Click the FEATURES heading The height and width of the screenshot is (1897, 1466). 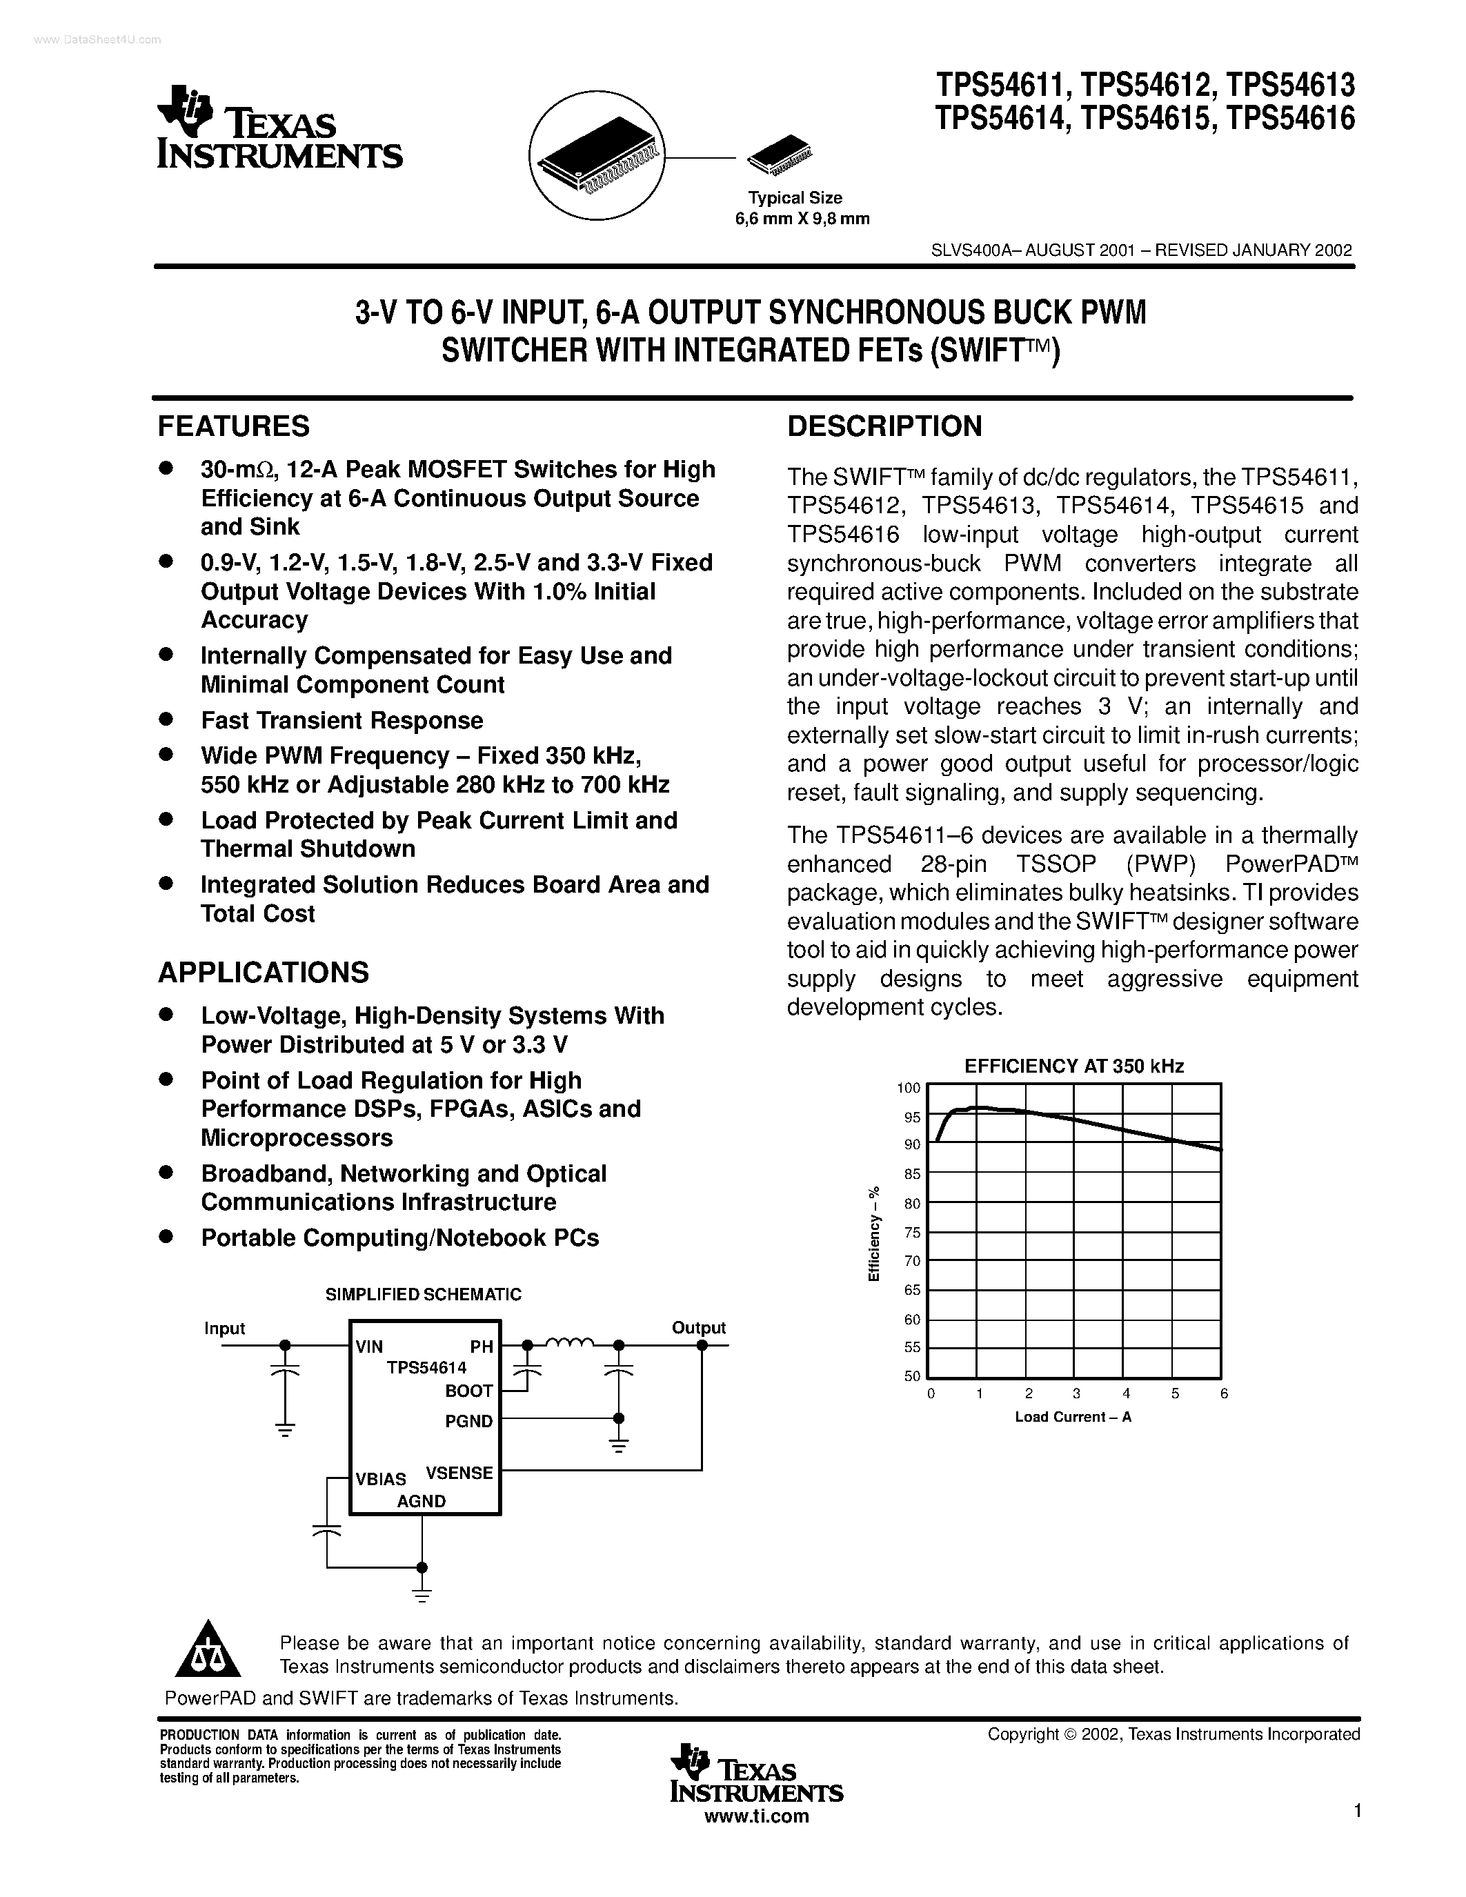[234, 426]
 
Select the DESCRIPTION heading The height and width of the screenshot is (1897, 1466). [884, 426]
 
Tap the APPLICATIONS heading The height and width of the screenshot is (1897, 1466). [263, 972]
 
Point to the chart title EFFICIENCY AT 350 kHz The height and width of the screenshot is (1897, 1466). [1074, 1066]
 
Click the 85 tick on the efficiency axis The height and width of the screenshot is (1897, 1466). [911, 1173]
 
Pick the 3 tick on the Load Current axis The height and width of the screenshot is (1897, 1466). [1077, 1393]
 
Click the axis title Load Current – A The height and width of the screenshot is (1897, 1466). [1073, 1417]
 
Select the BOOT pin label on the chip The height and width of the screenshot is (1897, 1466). [469, 1391]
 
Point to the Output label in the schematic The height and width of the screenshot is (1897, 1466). [698, 1327]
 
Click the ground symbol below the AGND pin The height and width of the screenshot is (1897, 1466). [422, 1596]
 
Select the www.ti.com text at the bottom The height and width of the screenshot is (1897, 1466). [756, 1817]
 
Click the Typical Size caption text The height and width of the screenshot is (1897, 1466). [795, 198]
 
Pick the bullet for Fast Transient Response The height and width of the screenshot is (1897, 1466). [165, 719]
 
